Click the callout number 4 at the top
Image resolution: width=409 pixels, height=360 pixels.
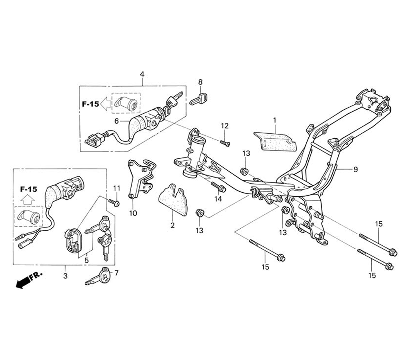coord(142,74)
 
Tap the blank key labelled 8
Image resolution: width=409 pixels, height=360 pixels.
coord(199,99)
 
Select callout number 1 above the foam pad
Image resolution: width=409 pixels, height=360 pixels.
coord(275,120)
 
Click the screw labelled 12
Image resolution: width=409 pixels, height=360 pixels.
coord(225,143)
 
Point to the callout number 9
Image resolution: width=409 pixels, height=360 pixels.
coord(355,169)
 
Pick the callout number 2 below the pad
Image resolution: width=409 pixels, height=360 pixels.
coord(173,225)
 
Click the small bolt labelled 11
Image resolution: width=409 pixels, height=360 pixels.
coord(115,202)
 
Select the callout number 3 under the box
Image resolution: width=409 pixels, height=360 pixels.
coord(65,276)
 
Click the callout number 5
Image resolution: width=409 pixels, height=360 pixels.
coord(87,260)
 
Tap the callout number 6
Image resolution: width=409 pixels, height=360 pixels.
coord(117,121)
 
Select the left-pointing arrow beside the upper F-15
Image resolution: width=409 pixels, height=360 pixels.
coord(105,104)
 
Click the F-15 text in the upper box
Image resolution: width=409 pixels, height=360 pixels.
coord(90,104)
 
